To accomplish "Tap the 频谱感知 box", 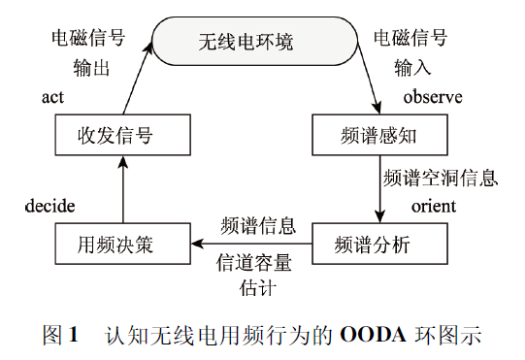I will (378, 135).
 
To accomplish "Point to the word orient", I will (434, 206).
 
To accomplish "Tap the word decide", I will (50, 206).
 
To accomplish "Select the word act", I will (52, 98).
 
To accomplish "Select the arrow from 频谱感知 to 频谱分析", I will (378, 189).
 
